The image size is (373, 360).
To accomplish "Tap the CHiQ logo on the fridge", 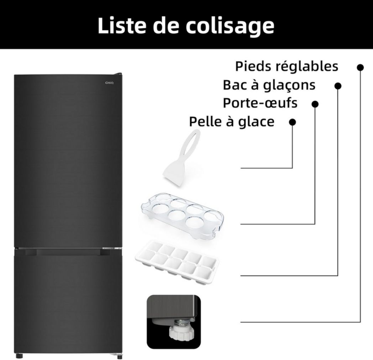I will (x=109, y=83).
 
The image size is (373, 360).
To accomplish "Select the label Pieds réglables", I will (x=287, y=67).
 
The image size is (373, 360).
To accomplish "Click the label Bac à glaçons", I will (x=269, y=85).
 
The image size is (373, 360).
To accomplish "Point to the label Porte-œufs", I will (x=260, y=103).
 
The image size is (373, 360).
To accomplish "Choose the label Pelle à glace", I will (x=232, y=122).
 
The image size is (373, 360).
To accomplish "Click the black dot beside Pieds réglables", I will (x=360, y=67).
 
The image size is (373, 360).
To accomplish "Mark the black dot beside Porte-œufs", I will (x=315, y=104).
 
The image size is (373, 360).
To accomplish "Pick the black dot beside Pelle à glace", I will (x=292, y=122).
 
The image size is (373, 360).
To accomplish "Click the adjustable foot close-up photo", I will (x=174, y=321).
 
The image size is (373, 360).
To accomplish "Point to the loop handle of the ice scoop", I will (x=190, y=142).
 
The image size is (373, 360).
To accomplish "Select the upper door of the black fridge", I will (x=68, y=160).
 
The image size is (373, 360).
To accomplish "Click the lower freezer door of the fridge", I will (x=68, y=303).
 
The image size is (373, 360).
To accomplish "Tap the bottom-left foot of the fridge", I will (x=19, y=355).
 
